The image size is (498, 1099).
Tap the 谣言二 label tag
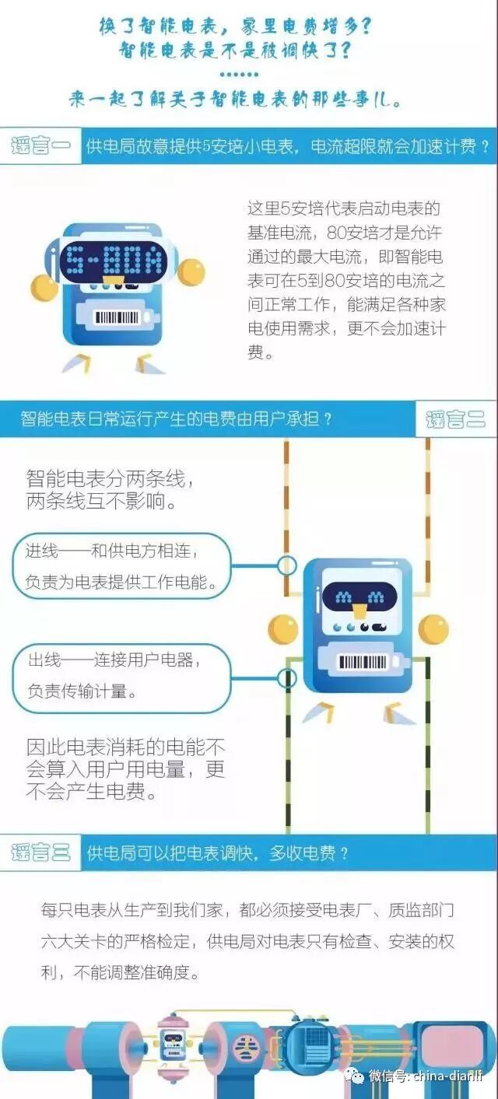coord(456,419)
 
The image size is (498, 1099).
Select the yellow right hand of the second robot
coord(433,628)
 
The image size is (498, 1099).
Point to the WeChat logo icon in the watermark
coord(355,1076)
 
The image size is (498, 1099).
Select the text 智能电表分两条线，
coord(110,478)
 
